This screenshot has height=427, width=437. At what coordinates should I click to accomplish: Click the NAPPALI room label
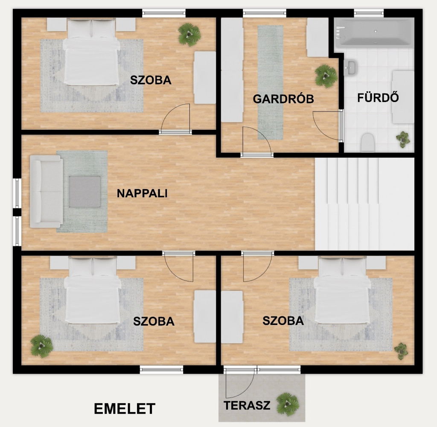[x=142, y=193]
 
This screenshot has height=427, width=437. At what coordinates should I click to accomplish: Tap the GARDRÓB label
[x=283, y=99]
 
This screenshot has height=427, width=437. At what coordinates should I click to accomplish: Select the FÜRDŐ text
[x=378, y=98]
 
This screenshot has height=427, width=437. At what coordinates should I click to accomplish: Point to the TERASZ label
[x=247, y=406]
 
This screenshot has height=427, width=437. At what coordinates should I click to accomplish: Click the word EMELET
[x=125, y=409]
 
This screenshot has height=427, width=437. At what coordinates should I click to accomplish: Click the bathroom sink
[x=350, y=67]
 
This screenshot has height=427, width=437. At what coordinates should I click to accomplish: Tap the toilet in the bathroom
[x=367, y=143]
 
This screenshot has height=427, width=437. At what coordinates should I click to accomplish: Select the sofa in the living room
[x=46, y=191]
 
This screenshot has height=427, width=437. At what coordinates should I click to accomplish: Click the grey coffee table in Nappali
[x=85, y=192]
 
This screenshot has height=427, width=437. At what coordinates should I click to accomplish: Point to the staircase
[x=364, y=204]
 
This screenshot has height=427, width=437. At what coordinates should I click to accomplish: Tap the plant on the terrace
[x=288, y=404]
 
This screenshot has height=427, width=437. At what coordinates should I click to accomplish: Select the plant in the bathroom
[x=403, y=139]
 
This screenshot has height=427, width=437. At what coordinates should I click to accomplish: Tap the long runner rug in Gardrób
[x=270, y=82]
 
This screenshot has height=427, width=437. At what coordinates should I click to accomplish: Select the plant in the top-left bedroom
[x=189, y=35]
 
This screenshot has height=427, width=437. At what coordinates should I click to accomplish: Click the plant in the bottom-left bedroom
[x=42, y=346]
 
